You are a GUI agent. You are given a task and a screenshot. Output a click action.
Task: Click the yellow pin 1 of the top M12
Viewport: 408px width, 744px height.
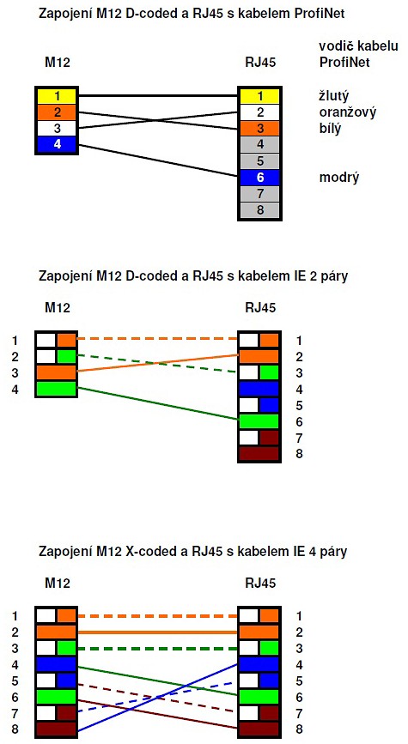pos(56,96)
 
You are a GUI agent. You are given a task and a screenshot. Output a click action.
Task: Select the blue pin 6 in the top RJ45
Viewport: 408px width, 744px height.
pos(259,178)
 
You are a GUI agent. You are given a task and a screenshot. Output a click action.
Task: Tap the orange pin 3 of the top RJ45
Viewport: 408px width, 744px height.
pos(259,128)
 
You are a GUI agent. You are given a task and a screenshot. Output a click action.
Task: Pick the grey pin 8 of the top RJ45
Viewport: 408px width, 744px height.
pos(259,209)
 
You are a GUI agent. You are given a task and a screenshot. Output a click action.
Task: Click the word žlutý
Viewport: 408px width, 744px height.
pos(333,96)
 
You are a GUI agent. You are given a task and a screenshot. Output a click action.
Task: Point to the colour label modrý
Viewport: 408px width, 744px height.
pos(339,178)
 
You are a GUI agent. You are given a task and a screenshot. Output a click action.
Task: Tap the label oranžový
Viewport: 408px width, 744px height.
pos(347,112)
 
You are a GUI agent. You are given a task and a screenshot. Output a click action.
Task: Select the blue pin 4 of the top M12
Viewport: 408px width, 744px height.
pos(56,144)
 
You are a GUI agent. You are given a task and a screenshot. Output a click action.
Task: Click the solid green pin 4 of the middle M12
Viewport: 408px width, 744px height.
pos(56,389)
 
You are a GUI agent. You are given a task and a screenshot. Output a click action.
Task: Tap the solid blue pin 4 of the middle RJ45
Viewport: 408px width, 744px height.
pos(259,389)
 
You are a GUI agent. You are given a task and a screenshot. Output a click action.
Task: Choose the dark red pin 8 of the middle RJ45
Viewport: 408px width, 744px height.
pos(259,454)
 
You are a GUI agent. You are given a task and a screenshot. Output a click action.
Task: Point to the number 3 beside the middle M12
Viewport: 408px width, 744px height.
pos(15,372)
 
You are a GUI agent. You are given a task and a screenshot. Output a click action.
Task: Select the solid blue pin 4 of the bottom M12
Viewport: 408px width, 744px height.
pos(56,664)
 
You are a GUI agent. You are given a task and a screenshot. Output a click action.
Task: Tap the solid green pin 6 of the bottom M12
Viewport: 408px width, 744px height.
pos(56,697)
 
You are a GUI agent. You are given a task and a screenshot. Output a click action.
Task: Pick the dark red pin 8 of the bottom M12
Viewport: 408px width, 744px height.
pos(56,729)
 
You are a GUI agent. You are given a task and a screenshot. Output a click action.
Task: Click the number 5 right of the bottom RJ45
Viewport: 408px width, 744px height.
pos(299,680)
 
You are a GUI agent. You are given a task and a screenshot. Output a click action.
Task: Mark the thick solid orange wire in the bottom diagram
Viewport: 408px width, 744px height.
pos(157,632)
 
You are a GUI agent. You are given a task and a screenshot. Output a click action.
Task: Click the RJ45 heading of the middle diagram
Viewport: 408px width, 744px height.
pos(260,307)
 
